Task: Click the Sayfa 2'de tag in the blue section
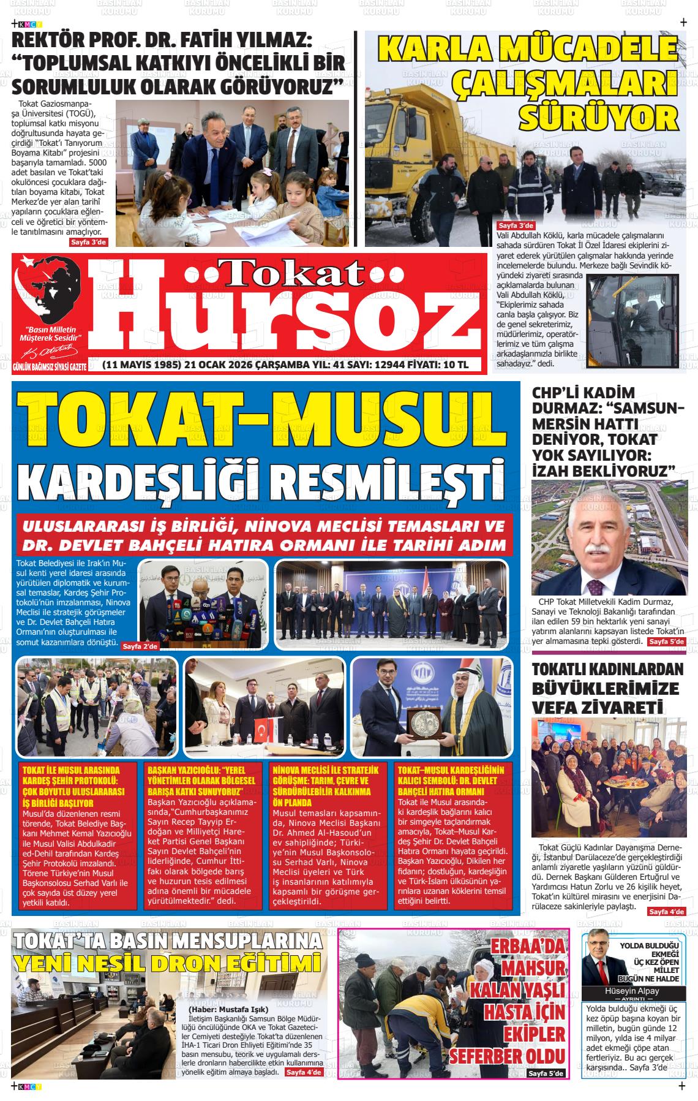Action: pos(140,646)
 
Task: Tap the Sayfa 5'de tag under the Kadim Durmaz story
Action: pos(666,641)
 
